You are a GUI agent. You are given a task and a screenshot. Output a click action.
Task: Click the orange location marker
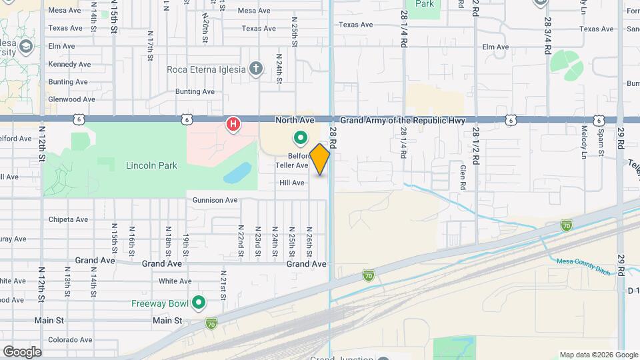(320, 159)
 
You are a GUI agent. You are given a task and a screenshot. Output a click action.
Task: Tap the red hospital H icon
(233, 124)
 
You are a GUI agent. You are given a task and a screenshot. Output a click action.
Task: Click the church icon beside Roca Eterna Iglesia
(255, 68)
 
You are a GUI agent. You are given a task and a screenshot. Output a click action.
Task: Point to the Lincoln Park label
(151, 165)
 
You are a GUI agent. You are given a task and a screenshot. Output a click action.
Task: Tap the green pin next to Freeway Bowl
(198, 303)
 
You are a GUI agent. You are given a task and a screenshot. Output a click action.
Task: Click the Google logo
(22, 351)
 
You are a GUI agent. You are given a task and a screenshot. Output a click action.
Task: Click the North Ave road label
(295, 120)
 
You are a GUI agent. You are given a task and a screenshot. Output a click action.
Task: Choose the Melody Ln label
(584, 142)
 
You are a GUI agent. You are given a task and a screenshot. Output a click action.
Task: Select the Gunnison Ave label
(215, 200)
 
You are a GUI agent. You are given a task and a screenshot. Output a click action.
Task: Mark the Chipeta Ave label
(68, 219)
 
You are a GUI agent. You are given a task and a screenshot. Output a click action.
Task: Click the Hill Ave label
(292, 183)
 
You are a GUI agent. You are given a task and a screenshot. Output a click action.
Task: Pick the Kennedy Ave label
(69, 65)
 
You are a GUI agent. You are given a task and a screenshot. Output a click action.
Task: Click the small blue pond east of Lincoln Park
(235, 174)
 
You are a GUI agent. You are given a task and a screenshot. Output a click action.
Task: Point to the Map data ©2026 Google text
(598, 355)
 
